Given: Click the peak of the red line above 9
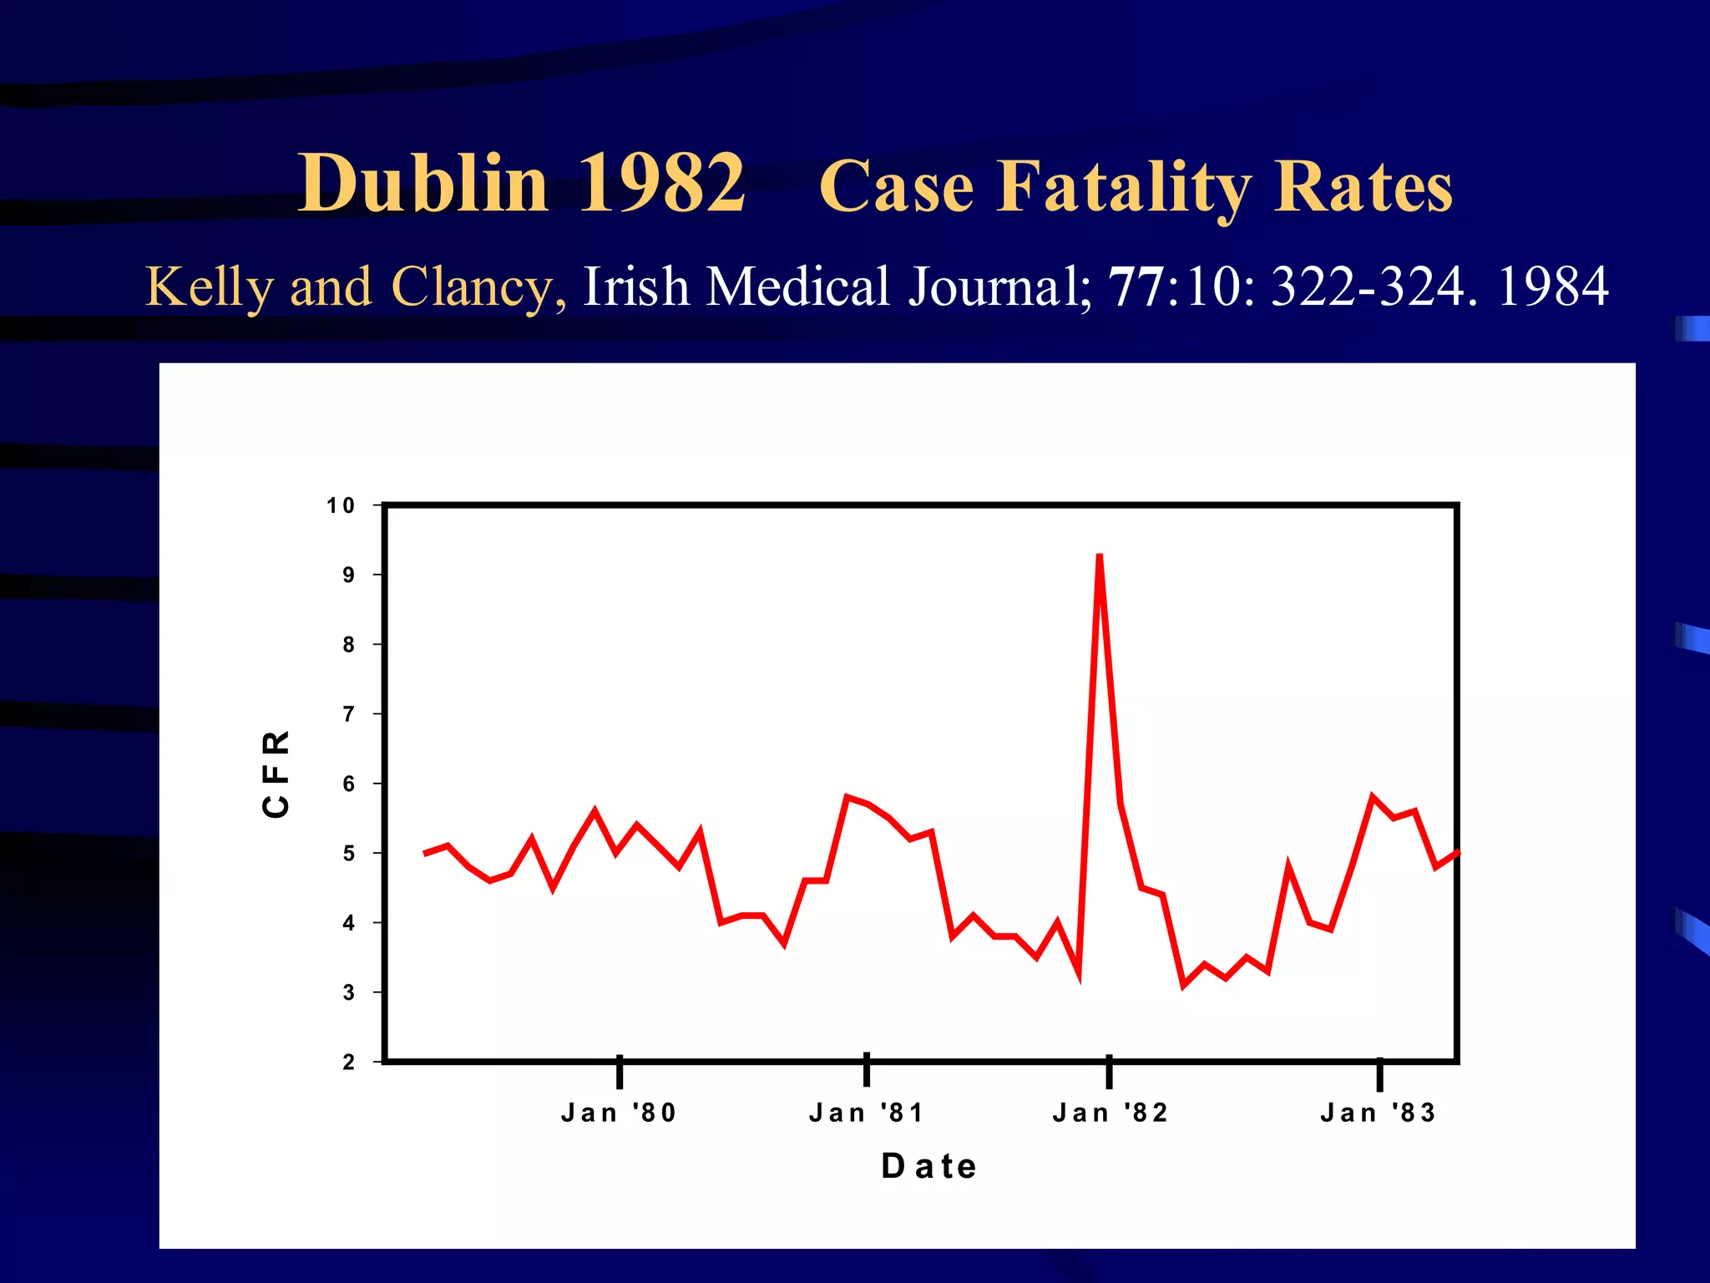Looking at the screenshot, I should pos(1100,556).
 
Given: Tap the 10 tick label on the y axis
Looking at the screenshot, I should pos(341,505).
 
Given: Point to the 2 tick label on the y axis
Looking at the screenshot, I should pos(348,1062).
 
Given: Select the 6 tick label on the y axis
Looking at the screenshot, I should pos(348,783).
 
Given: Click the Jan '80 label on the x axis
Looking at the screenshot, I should pos(619,1113).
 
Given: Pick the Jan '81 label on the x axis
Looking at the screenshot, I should pos(867,1113).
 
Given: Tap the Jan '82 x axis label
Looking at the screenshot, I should pos(1110,1113).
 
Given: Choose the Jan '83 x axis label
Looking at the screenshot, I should pos(1379,1113).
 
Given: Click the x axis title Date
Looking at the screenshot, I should pos(929,1166).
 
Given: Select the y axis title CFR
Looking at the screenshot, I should pos(276,773).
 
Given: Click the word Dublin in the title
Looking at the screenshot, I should pos(423,184).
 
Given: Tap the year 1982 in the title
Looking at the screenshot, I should pos(660,184).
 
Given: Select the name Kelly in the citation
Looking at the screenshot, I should pos(209,287).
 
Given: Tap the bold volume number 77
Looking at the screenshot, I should pos(1136,287).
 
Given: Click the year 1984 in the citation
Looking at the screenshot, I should pos(1552,287).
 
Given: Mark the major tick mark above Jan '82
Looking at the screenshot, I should pos(1109,1073).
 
